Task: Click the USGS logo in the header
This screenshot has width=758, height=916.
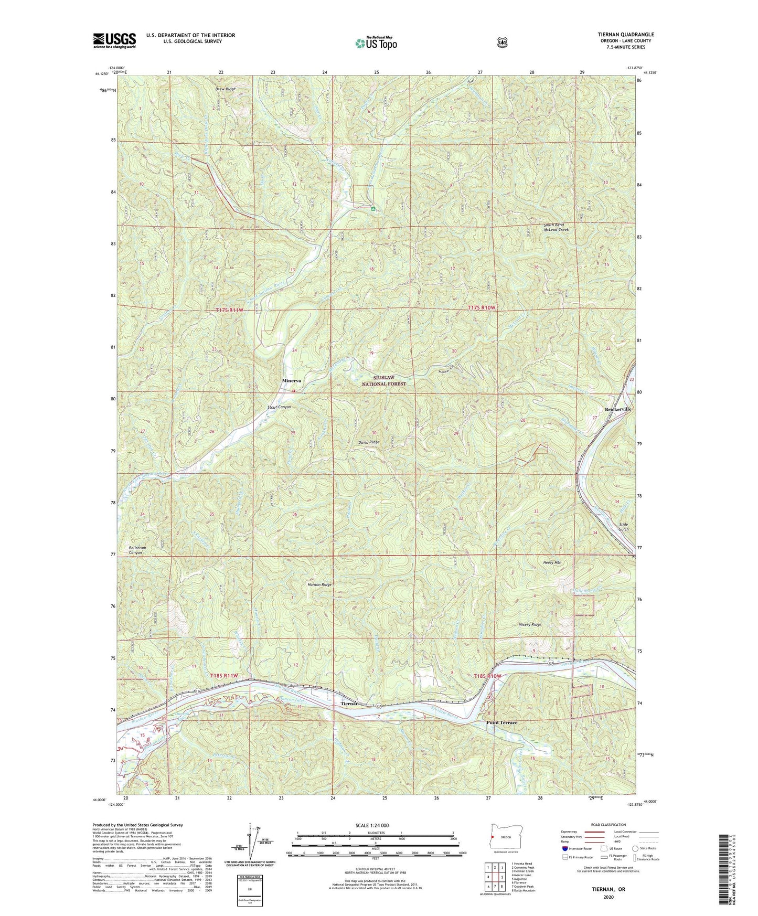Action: pos(114,40)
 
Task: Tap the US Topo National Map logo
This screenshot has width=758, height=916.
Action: pos(376,42)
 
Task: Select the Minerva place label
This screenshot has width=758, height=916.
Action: pos(292,380)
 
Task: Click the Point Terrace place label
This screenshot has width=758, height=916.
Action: pos(501,722)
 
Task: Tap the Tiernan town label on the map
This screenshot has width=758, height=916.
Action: pos(350,704)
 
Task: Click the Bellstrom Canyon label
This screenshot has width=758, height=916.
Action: pos(137,550)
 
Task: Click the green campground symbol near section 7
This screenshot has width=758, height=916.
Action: pos(373,209)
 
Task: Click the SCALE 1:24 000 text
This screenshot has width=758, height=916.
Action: pos(372,825)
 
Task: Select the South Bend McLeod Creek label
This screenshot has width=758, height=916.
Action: pos(556,227)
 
